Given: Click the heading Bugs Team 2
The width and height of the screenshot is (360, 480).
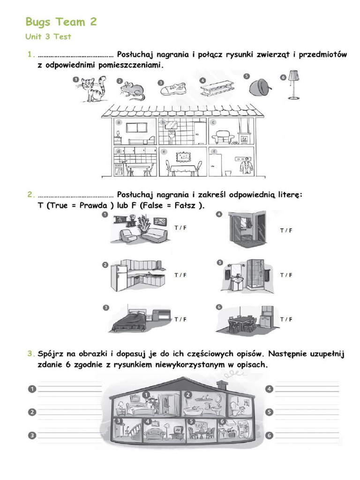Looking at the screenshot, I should (61, 22).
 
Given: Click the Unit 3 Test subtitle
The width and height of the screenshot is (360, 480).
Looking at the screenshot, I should (48, 37).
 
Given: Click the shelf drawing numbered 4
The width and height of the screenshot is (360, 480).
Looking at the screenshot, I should (217, 88).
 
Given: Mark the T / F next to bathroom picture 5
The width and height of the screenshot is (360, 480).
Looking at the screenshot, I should (286, 275).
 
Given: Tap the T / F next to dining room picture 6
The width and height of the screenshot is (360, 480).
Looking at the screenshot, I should (286, 319).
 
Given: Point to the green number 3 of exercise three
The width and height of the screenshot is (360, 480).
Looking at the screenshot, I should (29, 354).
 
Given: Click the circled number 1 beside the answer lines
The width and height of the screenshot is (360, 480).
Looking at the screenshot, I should (31, 389).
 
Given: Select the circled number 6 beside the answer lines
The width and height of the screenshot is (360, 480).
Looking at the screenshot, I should (269, 435).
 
